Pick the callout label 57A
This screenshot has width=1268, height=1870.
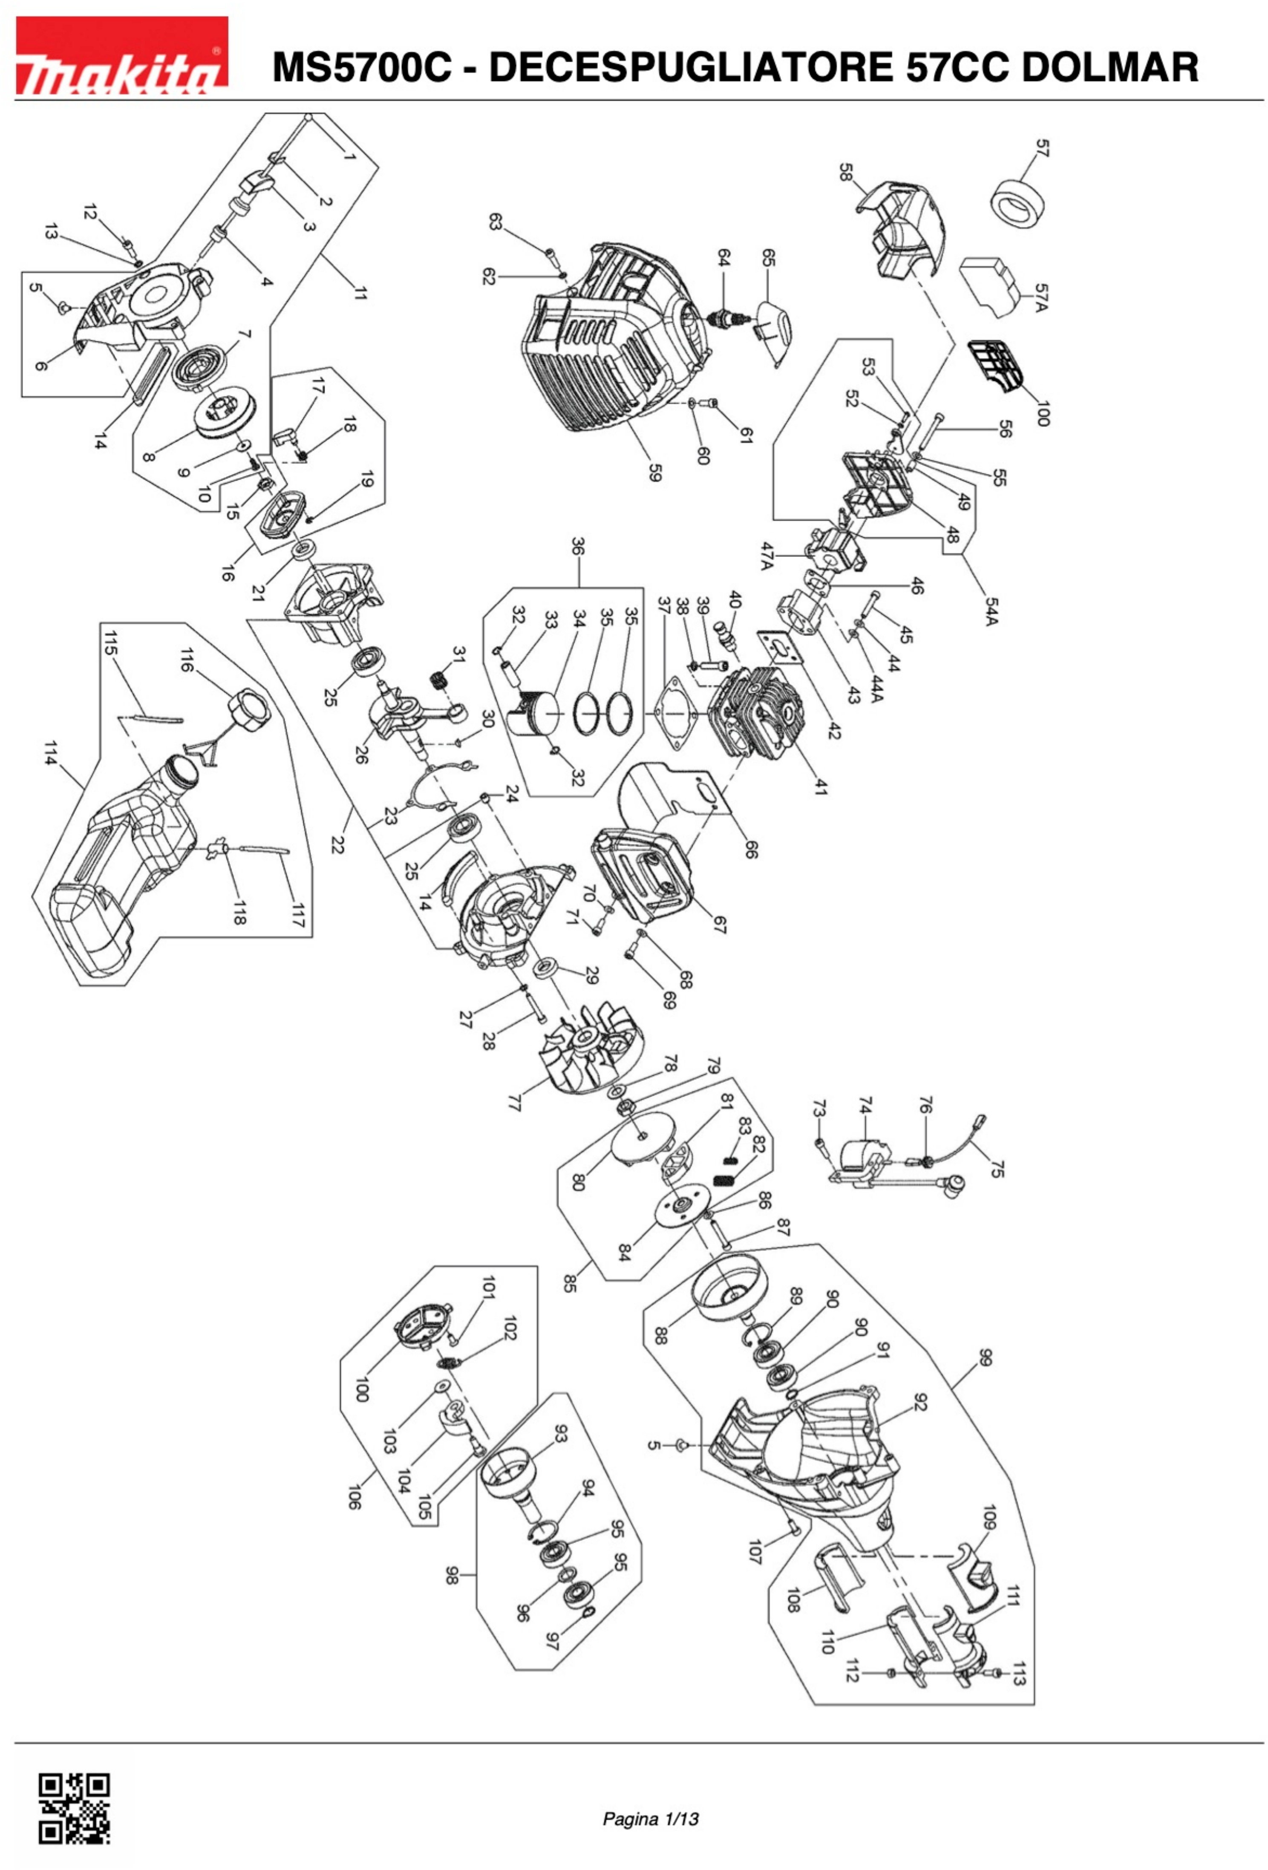click(x=1041, y=298)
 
